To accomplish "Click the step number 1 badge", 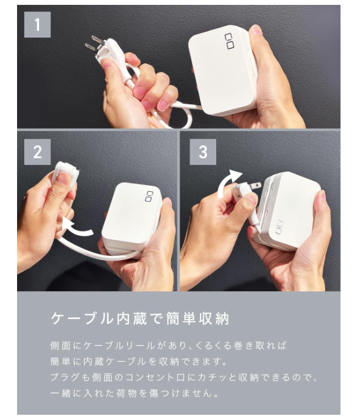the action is (x=37, y=24).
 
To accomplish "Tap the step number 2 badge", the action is (x=37, y=152).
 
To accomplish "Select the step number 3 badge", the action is (x=203, y=152).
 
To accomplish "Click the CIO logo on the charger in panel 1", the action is (x=229, y=41).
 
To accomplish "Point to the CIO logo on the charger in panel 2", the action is (x=149, y=196).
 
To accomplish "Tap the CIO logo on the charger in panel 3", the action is (x=280, y=228).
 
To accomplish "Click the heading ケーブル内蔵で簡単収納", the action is (x=139, y=319).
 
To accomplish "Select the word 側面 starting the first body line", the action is (x=60, y=346).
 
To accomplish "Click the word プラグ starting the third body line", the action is (x=65, y=378).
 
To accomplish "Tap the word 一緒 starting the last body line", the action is (x=60, y=393).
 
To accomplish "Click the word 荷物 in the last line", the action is (x=127, y=393).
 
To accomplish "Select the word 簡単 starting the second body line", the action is (x=60, y=362).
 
